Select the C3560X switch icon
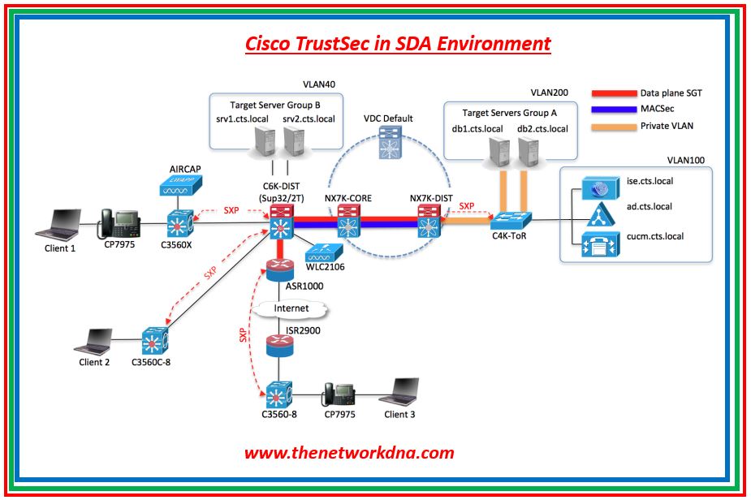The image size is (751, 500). tap(178, 222)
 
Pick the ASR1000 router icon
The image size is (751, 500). tap(278, 269)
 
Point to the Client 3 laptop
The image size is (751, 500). tap(408, 393)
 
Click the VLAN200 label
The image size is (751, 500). tap(550, 93)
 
